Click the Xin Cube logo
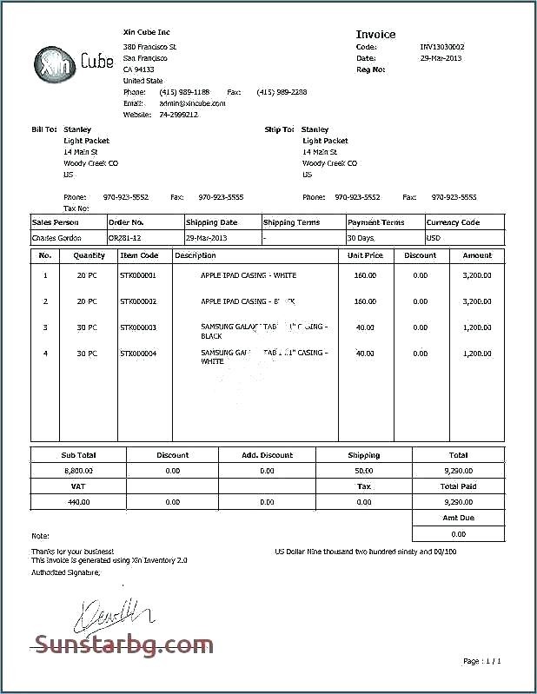tap(73, 62)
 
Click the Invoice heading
tap(375, 34)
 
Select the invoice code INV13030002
tap(442, 47)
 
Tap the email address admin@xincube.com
tap(192, 102)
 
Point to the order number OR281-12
tap(125, 237)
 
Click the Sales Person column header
tap(55, 222)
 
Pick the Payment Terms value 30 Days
tap(361, 237)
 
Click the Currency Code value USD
tap(434, 237)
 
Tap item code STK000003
tap(138, 327)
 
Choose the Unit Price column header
tap(365, 255)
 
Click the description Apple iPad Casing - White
tap(248, 275)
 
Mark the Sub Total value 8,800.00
tap(78, 470)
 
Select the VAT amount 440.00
tap(78, 502)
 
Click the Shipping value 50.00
tap(364, 470)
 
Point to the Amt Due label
tap(458, 518)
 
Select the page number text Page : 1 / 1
tap(482, 661)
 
